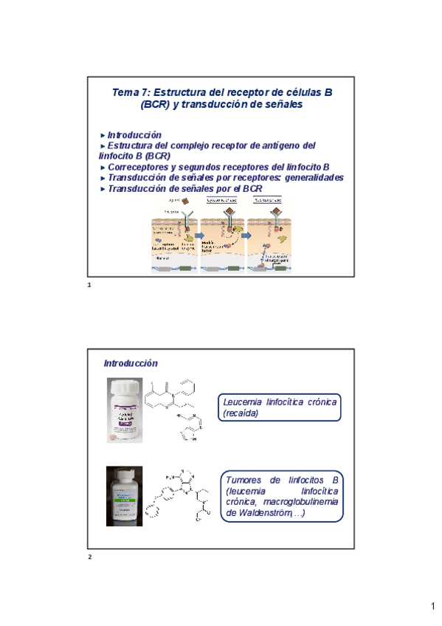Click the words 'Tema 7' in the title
point(127,92)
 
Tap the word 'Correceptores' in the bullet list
point(139,168)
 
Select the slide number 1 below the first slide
point(89,284)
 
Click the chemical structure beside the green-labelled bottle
point(181,495)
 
